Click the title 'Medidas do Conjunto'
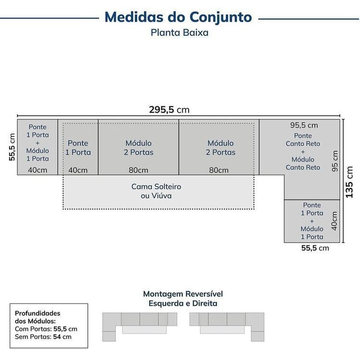pos(178,18)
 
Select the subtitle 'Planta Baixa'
pos(180,32)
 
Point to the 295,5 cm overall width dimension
pos(169,110)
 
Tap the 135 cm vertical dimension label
pos(349,182)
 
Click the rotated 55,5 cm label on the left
pos(12,147)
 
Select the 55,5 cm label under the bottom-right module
pos(315,248)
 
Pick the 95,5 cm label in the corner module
pos(304,126)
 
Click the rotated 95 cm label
pos(335,161)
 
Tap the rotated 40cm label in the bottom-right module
pos(334,221)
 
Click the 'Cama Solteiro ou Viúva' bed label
pos(156,191)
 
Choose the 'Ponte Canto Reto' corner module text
pos(303,139)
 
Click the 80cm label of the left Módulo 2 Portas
pos(139,170)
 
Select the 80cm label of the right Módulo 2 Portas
pos(219,170)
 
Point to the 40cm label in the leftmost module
pos(37,170)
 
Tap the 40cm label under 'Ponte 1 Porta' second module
pos(78,170)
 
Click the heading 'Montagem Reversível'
pos(183,294)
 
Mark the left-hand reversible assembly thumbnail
pos(139,327)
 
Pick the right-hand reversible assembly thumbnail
pos(227,327)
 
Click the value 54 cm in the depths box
pos(62,337)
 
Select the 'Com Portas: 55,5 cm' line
pos(46,329)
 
